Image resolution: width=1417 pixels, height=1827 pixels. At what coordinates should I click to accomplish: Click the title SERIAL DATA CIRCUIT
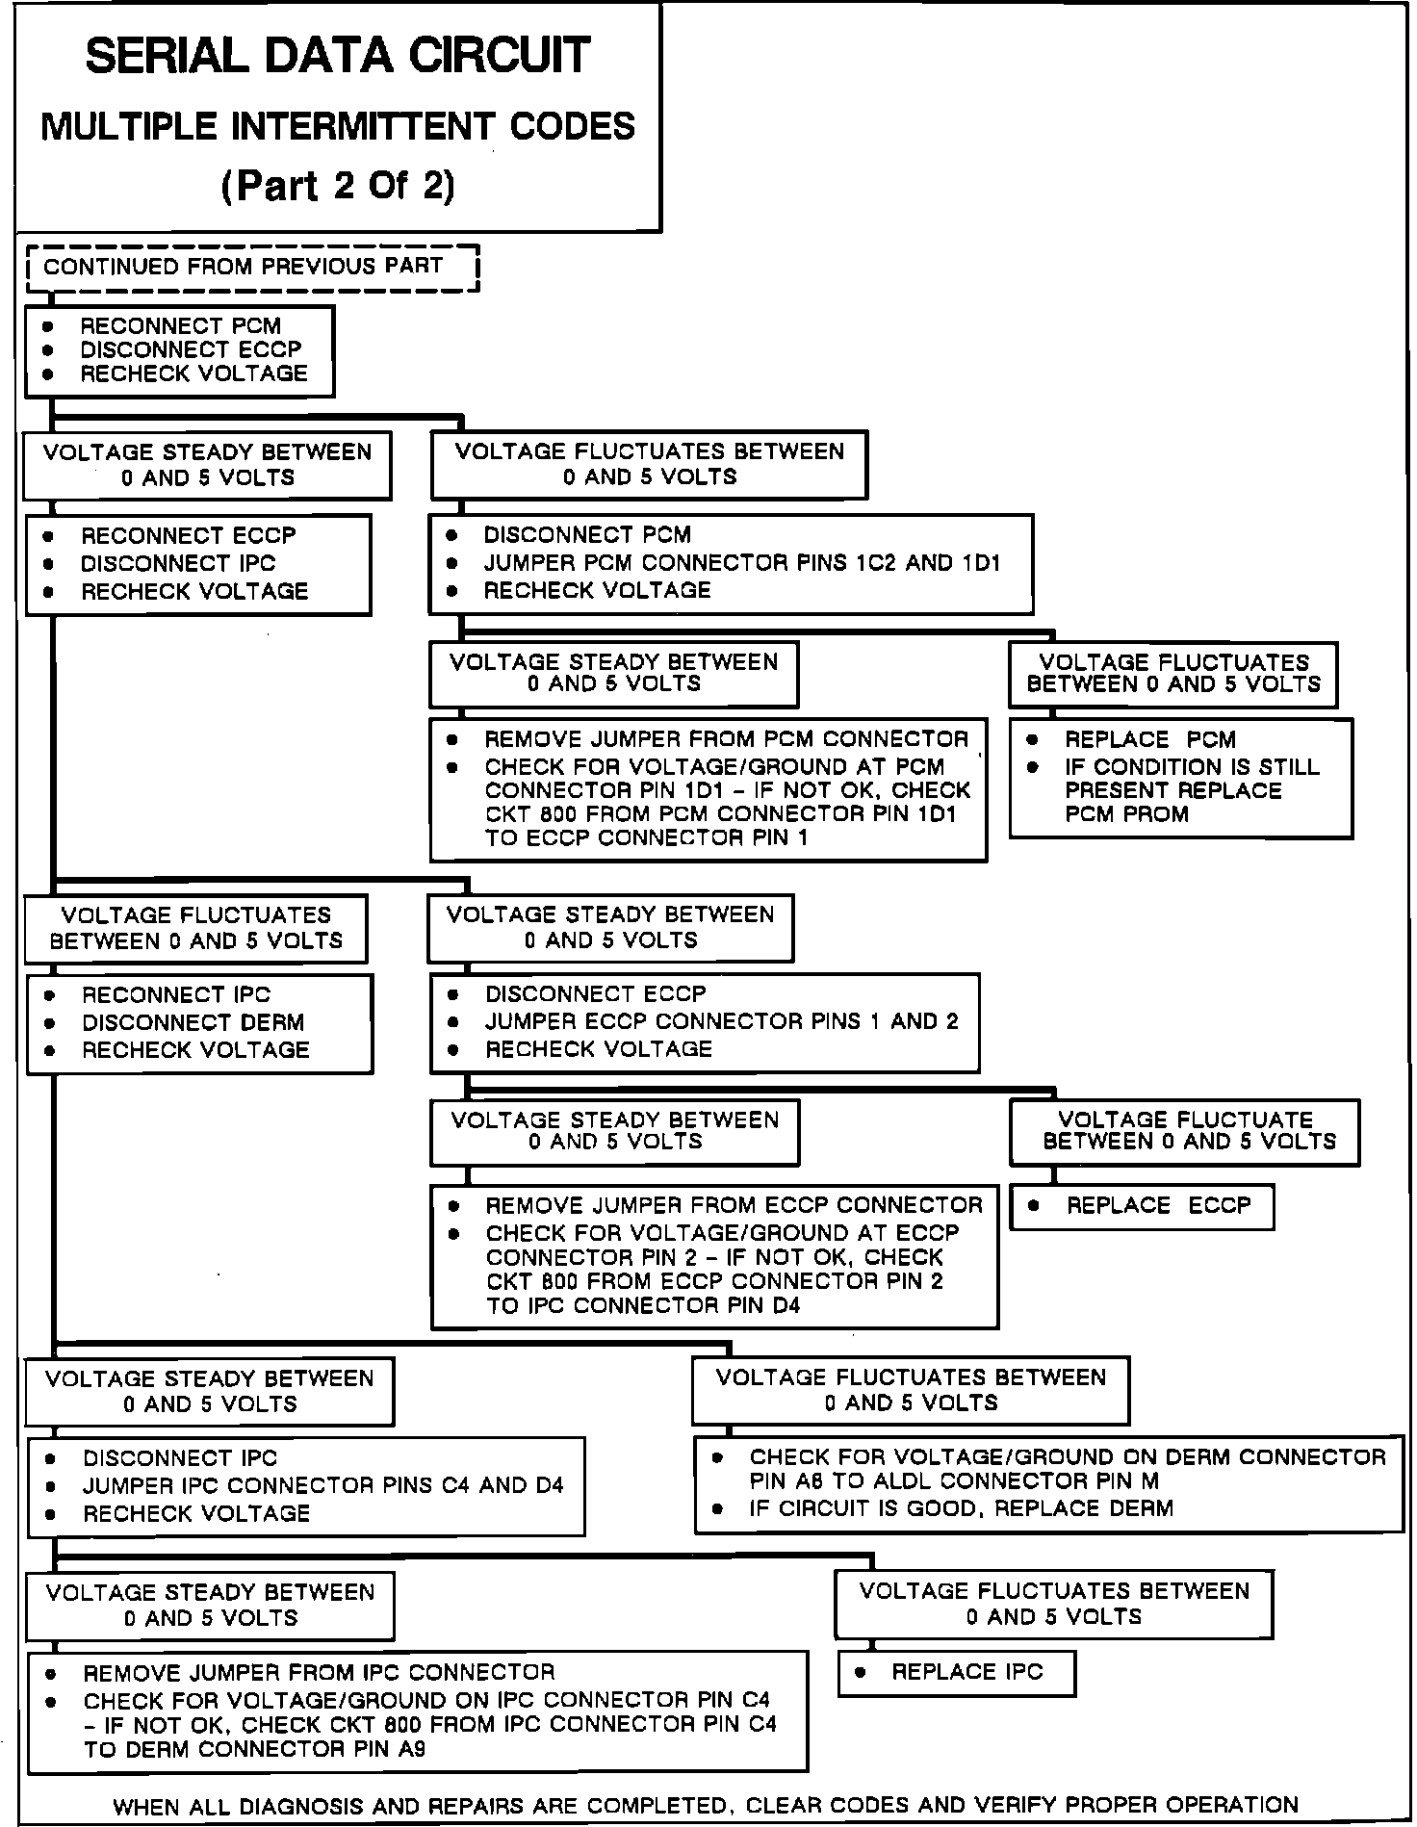point(338,56)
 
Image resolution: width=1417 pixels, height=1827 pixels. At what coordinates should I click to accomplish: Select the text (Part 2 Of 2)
point(338,185)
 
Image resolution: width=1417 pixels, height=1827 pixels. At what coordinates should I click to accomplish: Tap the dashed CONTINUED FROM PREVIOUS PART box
point(252,268)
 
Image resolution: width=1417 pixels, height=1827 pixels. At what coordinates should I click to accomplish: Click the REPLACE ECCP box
point(1142,1206)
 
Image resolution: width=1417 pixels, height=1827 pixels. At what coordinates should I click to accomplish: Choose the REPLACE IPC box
point(957,1672)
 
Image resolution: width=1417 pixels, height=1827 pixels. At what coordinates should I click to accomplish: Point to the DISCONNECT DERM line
point(193,1022)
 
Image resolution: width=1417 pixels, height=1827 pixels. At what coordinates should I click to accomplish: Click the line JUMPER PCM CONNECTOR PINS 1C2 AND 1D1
point(742,562)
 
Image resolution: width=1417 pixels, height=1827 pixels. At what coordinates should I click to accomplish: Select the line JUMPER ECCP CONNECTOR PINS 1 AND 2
point(722,1021)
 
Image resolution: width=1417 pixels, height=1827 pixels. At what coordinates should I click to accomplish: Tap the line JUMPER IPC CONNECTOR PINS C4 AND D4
point(322,1485)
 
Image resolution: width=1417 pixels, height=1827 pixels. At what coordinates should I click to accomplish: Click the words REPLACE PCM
point(1149,739)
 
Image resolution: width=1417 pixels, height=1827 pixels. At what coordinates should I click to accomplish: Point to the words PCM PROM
point(1126,814)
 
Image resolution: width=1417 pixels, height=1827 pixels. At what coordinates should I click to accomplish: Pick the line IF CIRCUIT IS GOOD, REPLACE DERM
point(961,1507)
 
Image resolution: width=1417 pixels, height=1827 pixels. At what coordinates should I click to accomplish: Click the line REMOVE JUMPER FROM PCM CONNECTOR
point(726,739)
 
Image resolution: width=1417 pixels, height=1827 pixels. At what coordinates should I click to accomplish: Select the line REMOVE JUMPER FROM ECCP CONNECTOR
point(734,1205)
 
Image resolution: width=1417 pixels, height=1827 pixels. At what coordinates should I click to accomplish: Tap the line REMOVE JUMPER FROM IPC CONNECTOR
point(319,1672)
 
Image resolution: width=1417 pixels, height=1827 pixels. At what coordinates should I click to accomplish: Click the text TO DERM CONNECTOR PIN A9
point(254,1749)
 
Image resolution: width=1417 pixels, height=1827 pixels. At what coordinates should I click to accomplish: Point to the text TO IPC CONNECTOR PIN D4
point(643,1305)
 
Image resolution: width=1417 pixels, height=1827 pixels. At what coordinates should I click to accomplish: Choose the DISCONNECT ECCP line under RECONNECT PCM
point(191,349)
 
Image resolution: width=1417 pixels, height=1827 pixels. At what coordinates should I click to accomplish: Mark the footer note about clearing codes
point(706,1805)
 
